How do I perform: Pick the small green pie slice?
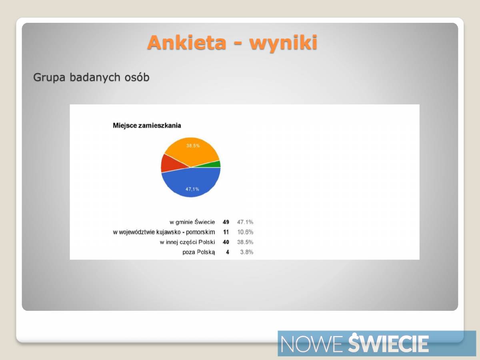(x=213, y=164)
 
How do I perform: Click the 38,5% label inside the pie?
(x=193, y=146)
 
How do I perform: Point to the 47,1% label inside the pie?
(x=192, y=189)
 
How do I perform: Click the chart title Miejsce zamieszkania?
(x=147, y=126)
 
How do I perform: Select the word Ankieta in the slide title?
(x=187, y=42)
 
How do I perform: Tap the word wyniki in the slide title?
(x=283, y=43)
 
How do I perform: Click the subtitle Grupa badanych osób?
(x=91, y=77)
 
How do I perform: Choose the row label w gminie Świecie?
(x=192, y=222)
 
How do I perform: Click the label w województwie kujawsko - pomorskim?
(x=164, y=232)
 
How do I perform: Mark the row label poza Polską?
(x=198, y=252)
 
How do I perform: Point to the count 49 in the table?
(x=226, y=222)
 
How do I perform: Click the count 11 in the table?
(x=226, y=232)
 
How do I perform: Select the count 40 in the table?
(x=226, y=242)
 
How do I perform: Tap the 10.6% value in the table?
(x=245, y=232)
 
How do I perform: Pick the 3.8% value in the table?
(x=247, y=252)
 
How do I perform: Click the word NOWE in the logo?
(x=311, y=344)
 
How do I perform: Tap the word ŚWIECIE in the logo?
(x=388, y=342)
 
